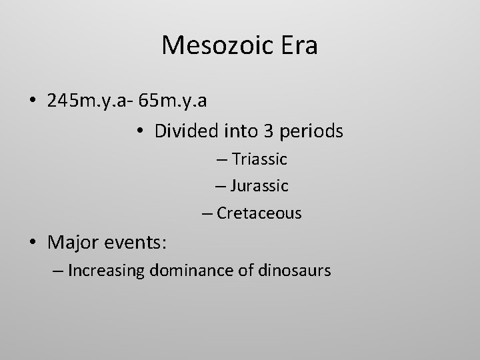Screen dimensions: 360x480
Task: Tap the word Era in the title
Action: tap(298, 46)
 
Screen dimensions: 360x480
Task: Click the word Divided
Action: tap(182, 131)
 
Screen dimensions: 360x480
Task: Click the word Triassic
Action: tap(261, 160)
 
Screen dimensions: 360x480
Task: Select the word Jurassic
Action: tap(261, 186)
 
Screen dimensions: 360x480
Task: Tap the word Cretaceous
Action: tap(259, 213)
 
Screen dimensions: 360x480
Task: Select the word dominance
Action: tap(189, 271)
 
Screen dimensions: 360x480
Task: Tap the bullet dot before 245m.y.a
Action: tap(33, 101)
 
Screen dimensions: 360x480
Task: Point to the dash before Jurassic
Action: tap(223, 187)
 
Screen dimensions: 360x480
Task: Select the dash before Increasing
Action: tap(58, 271)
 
